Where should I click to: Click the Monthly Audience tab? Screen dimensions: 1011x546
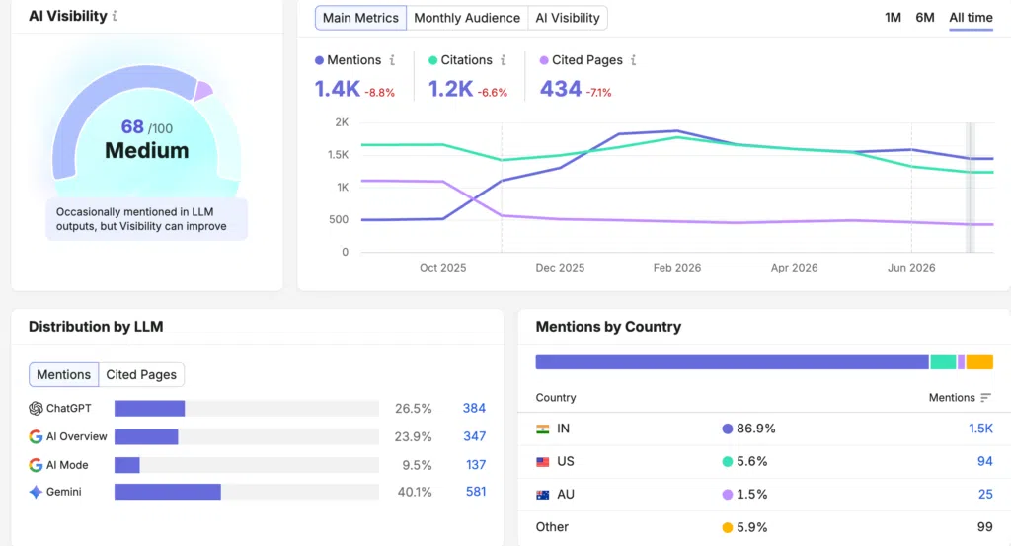pyautogui.click(x=467, y=18)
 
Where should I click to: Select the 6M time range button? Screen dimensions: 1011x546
pyautogui.click(x=924, y=18)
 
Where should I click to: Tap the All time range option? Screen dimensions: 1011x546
pyautogui.click(x=971, y=18)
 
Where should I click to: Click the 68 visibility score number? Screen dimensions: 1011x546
pyautogui.click(x=132, y=127)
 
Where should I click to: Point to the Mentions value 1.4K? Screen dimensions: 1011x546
pyautogui.click(x=338, y=89)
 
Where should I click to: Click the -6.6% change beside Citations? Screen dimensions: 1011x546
pyautogui.click(x=493, y=93)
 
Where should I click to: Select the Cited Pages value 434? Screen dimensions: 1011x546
pyautogui.click(x=561, y=89)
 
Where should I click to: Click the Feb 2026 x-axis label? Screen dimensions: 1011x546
pyautogui.click(x=676, y=268)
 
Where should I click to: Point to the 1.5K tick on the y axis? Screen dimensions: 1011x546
pyautogui.click(x=338, y=155)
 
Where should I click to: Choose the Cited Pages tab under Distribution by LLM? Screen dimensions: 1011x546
pyautogui.click(x=141, y=374)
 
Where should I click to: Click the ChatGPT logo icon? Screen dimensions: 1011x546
pyautogui.click(x=36, y=408)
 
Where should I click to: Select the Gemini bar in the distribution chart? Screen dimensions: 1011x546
pyautogui.click(x=168, y=492)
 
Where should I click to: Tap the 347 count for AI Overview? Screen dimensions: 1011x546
pyautogui.click(x=475, y=436)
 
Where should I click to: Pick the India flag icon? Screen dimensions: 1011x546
pyautogui.click(x=543, y=429)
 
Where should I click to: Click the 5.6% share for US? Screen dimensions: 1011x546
pyautogui.click(x=751, y=461)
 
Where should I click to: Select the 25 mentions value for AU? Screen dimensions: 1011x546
pyautogui.click(x=985, y=495)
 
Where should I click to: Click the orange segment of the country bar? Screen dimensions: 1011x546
pyautogui.click(x=979, y=362)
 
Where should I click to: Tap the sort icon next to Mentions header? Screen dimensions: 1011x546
pyautogui.click(x=986, y=398)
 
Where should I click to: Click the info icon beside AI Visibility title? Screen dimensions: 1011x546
pyautogui.click(x=115, y=16)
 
